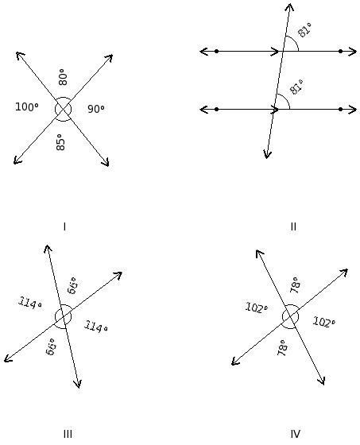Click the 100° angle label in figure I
point(27,107)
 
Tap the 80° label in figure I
point(63,77)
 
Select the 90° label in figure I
point(96,109)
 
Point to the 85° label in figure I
point(60,142)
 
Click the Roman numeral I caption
point(64,226)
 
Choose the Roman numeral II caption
point(293,226)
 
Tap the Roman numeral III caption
point(68,434)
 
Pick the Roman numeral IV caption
point(296,434)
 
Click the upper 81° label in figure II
point(304,29)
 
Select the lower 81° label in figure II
point(296,87)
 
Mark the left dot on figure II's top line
point(217,52)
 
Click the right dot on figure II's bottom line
point(340,110)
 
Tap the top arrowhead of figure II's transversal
point(290,4)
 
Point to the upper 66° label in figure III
point(72,285)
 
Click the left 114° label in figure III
point(30,303)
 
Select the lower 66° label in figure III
point(51,346)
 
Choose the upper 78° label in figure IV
point(296,285)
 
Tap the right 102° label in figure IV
point(324,323)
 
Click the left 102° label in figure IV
point(257,308)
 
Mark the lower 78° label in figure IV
point(282,348)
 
